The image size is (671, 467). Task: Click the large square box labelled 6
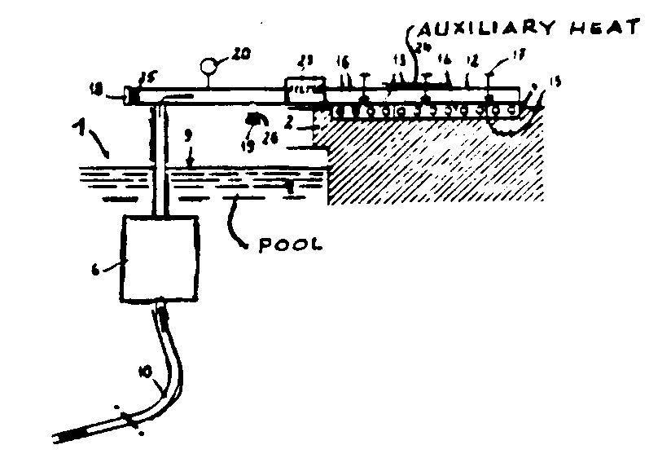160,258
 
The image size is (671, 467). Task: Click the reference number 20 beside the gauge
240,55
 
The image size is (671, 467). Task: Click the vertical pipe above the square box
160,163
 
